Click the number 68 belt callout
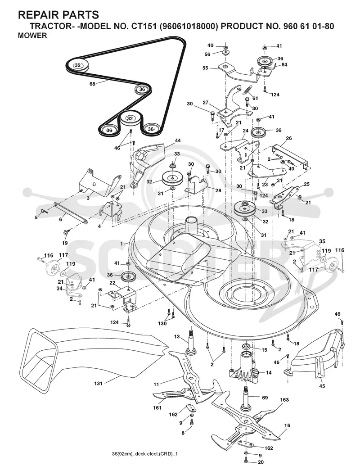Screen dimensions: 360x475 pyautogui.click(x=92, y=84)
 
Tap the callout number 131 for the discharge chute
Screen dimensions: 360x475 pyautogui.click(x=99, y=383)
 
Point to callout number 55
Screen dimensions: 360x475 pyautogui.click(x=205, y=68)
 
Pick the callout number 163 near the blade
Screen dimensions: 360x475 pyautogui.click(x=284, y=400)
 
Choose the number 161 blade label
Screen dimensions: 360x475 pyautogui.click(x=157, y=408)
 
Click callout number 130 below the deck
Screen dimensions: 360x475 pyautogui.click(x=162, y=324)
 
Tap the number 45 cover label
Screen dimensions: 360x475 pyautogui.click(x=322, y=386)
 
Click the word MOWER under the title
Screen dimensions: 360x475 pyautogui.click(x=32, y=36)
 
